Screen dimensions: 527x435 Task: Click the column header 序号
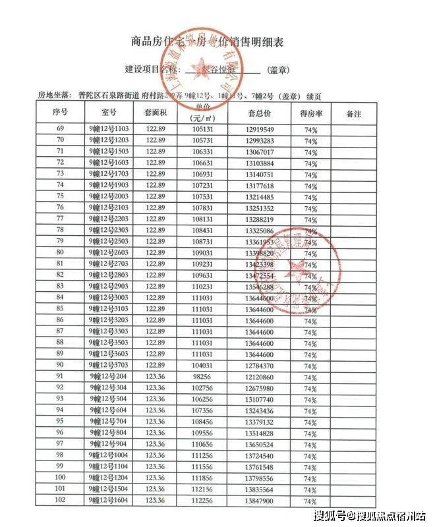[60, 113]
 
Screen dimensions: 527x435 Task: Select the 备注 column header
[353, 113]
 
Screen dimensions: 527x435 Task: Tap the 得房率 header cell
[310, 113]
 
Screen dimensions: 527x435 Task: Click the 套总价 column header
[258, 113]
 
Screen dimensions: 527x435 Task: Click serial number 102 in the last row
[60, 500]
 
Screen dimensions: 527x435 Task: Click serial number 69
[60, 130]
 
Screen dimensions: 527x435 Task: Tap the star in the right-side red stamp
[294, 268]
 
